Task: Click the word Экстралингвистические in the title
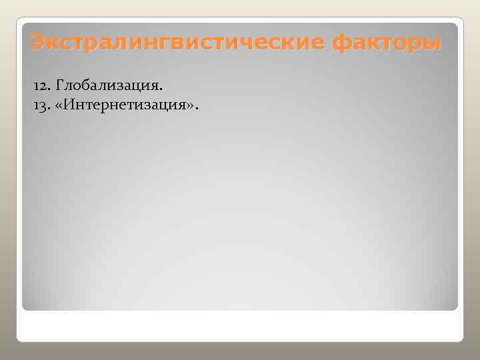[177, 43]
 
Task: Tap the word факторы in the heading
[387, 43]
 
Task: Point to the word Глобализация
[107, 86]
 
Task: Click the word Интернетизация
[129, 105]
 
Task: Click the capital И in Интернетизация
[71, 105]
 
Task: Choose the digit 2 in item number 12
[44, 87]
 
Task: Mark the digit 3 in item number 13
[44, 106]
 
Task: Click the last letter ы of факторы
[431, 44]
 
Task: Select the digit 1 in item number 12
[37, 87]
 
